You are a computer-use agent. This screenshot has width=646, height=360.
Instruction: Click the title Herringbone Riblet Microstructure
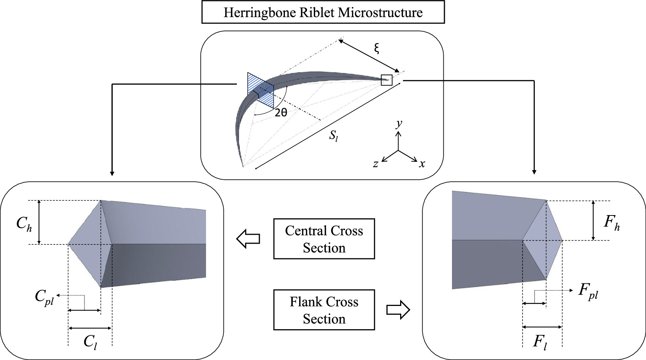click(323, 12)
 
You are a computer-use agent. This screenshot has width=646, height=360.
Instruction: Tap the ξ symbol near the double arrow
click(376, 48)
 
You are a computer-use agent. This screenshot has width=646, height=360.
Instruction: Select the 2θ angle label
click(281, 112)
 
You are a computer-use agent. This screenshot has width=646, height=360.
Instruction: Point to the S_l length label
click(333, 136)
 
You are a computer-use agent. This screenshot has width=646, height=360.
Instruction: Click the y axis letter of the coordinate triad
click(399, 123)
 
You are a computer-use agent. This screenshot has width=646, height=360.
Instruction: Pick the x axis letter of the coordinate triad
click(422, 164)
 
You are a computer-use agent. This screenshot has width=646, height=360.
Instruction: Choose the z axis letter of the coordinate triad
click(375, 164)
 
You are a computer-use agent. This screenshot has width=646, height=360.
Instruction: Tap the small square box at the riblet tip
click(386, 80)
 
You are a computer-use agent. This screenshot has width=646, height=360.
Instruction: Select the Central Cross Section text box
click(324, 239)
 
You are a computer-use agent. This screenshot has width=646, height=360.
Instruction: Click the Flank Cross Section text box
click(324, 310)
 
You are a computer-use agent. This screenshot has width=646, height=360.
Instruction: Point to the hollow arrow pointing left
click(248, 239)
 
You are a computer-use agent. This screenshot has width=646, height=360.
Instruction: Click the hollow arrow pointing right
click(398, 310)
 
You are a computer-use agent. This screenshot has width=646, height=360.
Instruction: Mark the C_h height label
click(24, 224)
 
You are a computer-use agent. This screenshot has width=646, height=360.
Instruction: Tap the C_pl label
click(44, 297)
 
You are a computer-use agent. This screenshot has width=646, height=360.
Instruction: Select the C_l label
click(90, 342)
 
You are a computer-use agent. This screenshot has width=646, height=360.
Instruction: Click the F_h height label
click(611, 222)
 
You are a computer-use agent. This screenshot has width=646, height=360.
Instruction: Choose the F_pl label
click(588, 291)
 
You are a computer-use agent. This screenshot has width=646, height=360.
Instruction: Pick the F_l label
click(540, 342)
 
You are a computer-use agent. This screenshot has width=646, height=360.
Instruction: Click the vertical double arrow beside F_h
click(593, 220)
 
